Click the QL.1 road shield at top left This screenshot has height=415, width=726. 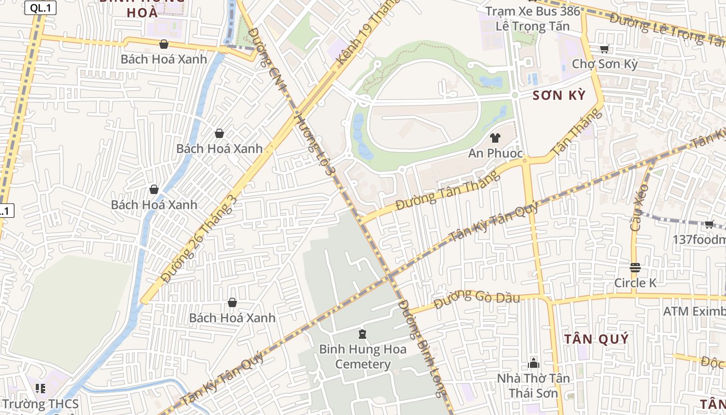[x=40, y=8]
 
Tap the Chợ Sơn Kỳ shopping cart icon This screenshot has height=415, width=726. [x=604, y=49]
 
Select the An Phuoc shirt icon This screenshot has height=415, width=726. [x=495, y=138]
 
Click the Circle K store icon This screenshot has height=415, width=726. [x=635, y=268]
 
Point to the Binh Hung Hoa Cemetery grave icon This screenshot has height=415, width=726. [x=362, y=334]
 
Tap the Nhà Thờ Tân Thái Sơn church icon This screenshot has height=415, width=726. [x=534, y=363]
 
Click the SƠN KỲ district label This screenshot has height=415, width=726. [x=559, y=95]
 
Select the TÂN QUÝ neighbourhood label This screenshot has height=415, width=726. [x=596, y=339]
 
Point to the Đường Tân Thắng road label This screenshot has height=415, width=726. [x=448, y=190]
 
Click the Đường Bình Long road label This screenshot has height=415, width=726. [x=423, y=348]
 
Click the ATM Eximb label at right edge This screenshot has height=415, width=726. [x=694, y=311]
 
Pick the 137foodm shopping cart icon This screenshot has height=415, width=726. [x=709, y=224]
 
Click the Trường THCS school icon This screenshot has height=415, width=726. [x=40, y=388]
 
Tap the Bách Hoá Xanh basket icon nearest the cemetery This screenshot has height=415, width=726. [x=232, y=302]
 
